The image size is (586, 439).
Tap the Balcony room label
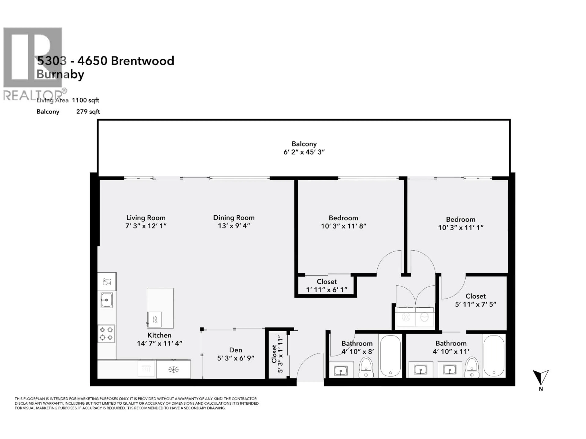point(304,144)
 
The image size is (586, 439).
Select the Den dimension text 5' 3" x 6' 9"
point(235,358)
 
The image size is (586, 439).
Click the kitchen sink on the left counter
point(107,300)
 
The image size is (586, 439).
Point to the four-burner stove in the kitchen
point(106,333)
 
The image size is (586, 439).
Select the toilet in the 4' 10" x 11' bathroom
point(472,367)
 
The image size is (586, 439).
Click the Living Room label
point(146,218)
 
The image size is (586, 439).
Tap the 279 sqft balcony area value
point(88,112)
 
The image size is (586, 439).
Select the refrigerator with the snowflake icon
point(174,369)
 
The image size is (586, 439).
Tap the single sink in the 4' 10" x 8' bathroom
point(341,371)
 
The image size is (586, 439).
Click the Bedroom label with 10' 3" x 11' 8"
point(343,218)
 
